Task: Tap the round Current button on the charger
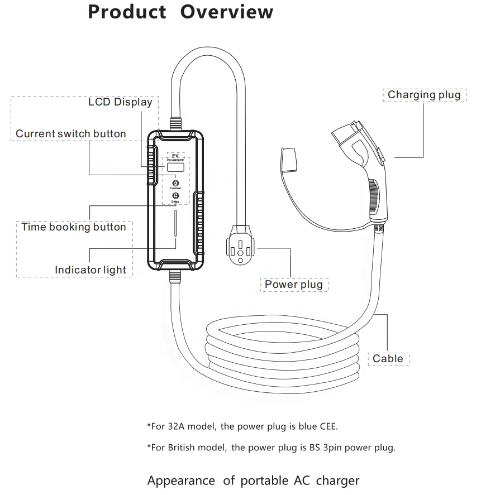point(175,183)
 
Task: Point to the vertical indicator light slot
point(176,229)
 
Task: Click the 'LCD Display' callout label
point(120,102)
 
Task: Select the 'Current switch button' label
point(71,134)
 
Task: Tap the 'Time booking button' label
point(74,227)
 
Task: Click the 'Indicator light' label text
point(91,270)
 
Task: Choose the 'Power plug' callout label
point(294,285)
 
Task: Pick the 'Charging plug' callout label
point(424,95)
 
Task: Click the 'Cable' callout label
point(388,359)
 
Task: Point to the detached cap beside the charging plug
point(289,158)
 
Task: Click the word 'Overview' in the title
point(227,12)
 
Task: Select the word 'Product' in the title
point(127,12)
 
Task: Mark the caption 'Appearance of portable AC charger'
point(253,480)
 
